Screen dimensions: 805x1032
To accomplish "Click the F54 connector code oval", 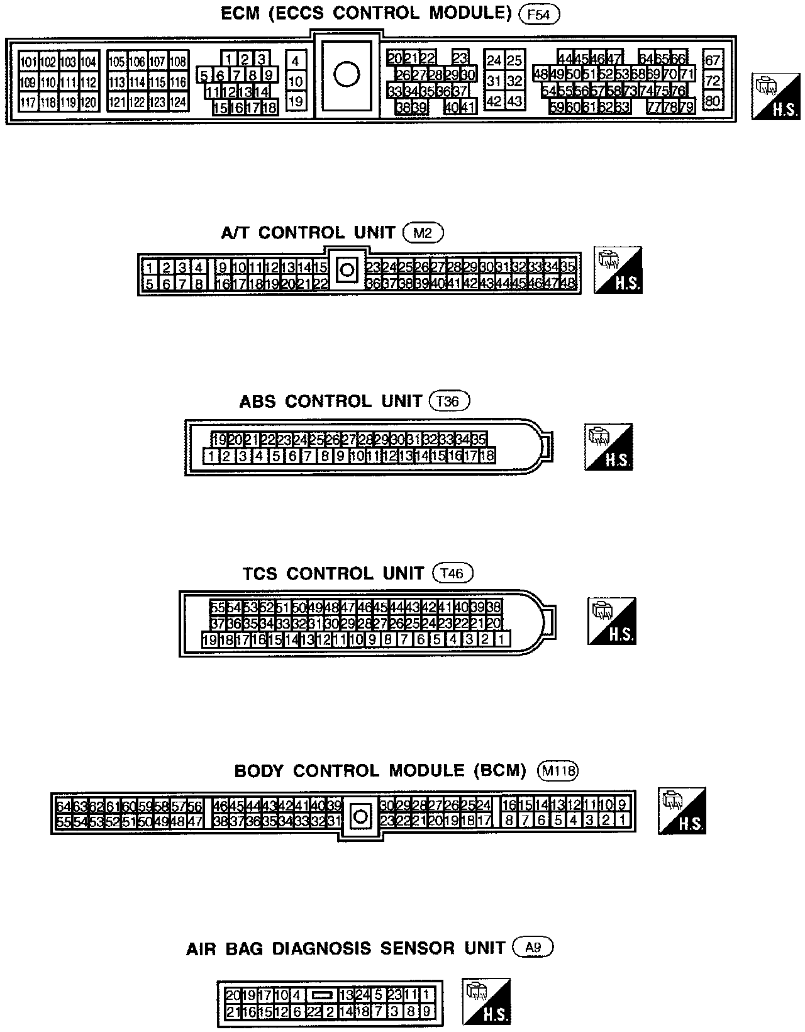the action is [540, 14].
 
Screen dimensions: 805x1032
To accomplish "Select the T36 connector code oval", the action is [449, 401].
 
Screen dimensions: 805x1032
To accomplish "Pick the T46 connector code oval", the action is [453, 573].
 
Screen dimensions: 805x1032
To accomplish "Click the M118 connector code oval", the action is [558, 770].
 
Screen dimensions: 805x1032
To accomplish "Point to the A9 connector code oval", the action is [533, 948].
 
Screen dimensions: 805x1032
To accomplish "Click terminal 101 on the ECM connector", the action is [29, 62].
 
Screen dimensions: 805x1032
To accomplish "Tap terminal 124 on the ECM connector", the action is [179, 102].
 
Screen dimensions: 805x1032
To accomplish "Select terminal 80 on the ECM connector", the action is [713, 101].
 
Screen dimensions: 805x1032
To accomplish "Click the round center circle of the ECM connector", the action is [346, 74].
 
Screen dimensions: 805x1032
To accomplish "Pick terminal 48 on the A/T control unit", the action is [567, 283].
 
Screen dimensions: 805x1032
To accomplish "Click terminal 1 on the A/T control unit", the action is [150, 267].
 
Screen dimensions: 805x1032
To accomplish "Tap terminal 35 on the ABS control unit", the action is [478, 439].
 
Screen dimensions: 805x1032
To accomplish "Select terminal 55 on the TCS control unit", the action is [218, 607].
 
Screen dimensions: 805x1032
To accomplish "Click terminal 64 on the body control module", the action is [64, 806].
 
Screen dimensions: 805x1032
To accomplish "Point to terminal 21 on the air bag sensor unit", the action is [233, 1012].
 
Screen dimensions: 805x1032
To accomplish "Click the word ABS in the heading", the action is [258, 401].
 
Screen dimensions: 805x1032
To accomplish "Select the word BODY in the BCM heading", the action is [258, 771].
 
